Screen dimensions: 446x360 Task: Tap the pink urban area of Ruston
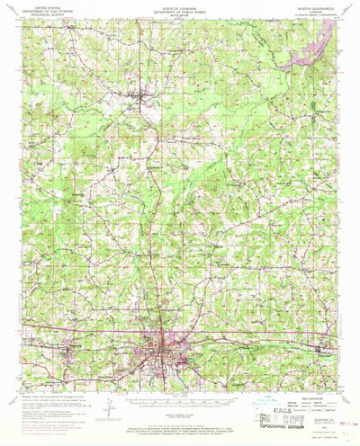[x=168, y=343]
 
